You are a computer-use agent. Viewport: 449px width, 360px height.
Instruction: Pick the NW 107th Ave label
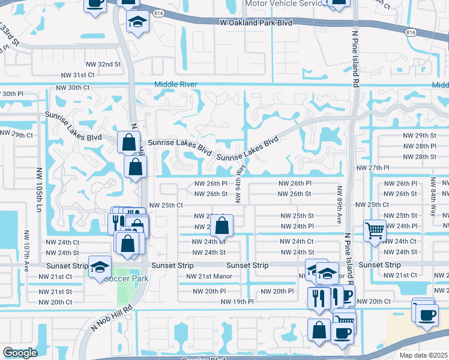pyautogui.click(x=26, y=249)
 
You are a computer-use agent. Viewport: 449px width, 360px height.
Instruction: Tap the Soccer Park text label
pyautogui.click(x=126, y=278)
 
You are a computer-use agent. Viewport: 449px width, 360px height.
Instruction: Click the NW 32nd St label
pyautogui.click(x=100, y=64)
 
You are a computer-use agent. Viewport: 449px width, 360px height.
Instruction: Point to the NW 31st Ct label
pyautogui.click(x=78, y=75)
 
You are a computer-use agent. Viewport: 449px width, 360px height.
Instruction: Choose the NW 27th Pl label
pyautogui.click(x=373, y=168)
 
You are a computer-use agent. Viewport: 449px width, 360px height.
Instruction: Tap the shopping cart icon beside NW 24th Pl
pyautogui.click(x=375, y=229)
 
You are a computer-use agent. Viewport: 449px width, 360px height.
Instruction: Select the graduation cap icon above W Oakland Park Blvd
pyautogui.click(x=137, y=22)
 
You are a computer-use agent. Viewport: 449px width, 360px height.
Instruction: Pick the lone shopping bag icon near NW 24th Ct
pyautogui.click(x=221, y=226)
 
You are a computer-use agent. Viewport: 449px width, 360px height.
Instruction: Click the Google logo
pyautogui.click(x=20, y=353)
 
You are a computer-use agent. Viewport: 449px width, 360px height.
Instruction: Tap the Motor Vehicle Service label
pyautogui.click(x=285, y=4)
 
